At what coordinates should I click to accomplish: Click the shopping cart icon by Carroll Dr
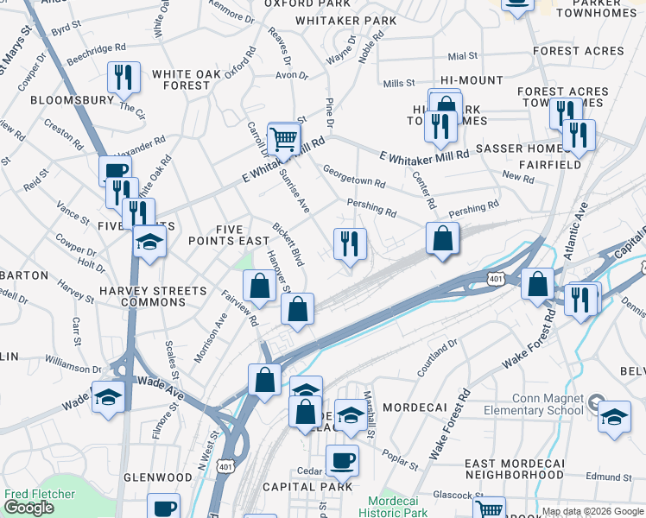(x=283, y=138)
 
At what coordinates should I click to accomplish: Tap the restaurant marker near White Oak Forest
(x=124, y=78)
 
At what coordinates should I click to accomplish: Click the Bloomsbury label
(x=72, y=100)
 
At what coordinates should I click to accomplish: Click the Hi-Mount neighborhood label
(x=471, y=80)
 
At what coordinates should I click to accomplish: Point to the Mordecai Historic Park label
(x=398, y=507)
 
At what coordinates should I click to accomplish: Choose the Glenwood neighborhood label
(x=158, y=477)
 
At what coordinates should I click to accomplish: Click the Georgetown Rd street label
(x=353, y=176)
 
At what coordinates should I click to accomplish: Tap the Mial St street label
(x=463, y=56)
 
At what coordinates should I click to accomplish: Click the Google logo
(x=28, y=508)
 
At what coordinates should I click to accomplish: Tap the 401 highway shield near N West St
(x=226, y=466)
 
